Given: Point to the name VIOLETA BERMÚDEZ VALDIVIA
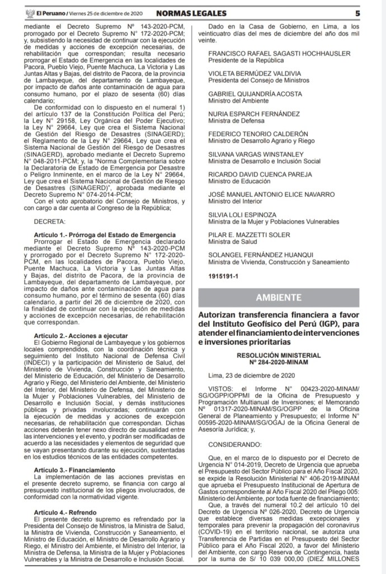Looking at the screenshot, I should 255,73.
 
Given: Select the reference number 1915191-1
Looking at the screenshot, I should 223,276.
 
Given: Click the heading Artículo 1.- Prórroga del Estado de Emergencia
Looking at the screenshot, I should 105,234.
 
